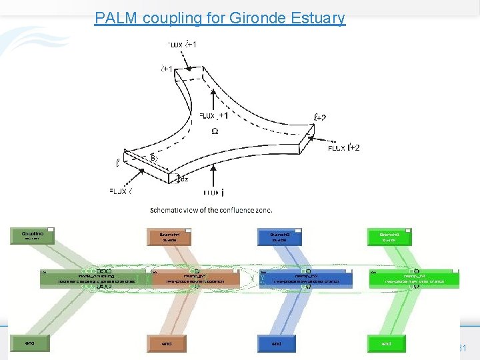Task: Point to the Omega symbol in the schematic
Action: (x=215, y=131)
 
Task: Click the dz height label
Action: (x=184, y=179)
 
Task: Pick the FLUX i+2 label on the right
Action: (x=344, y=148)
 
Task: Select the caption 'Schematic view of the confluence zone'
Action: (x=211, y=209)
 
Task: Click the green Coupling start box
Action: (x=32, y=236)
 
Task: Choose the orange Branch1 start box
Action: (x=169, y=237)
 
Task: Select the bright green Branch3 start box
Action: (x=389, y=237)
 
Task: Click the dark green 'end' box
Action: (x=31, y=344)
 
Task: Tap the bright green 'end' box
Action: (x=387, y=344)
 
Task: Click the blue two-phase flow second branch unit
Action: (x=306, y=279)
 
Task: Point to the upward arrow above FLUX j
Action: (x=213, y=175)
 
